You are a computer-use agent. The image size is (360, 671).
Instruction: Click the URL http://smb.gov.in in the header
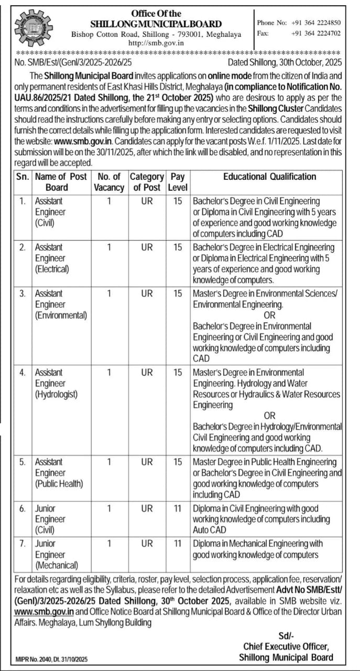pos(156,43)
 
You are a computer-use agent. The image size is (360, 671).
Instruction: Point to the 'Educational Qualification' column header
pos(269,177)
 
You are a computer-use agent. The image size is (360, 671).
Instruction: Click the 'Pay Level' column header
pos(178,182)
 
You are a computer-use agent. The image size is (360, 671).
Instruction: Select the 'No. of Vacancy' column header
pos(109,182)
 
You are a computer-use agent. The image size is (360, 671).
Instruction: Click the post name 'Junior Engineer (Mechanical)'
pos(57,555)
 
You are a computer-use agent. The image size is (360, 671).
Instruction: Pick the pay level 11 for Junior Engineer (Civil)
pos(178,508)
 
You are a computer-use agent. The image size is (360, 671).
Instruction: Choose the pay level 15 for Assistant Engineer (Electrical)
pos(178,247)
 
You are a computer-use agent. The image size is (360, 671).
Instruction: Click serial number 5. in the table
pos(23,462)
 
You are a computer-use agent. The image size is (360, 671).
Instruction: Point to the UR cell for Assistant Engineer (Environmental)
pos(147,294)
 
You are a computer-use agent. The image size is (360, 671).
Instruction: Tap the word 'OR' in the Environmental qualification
pos(269,315)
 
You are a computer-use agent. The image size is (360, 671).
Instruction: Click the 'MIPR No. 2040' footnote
pos(51,658)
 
